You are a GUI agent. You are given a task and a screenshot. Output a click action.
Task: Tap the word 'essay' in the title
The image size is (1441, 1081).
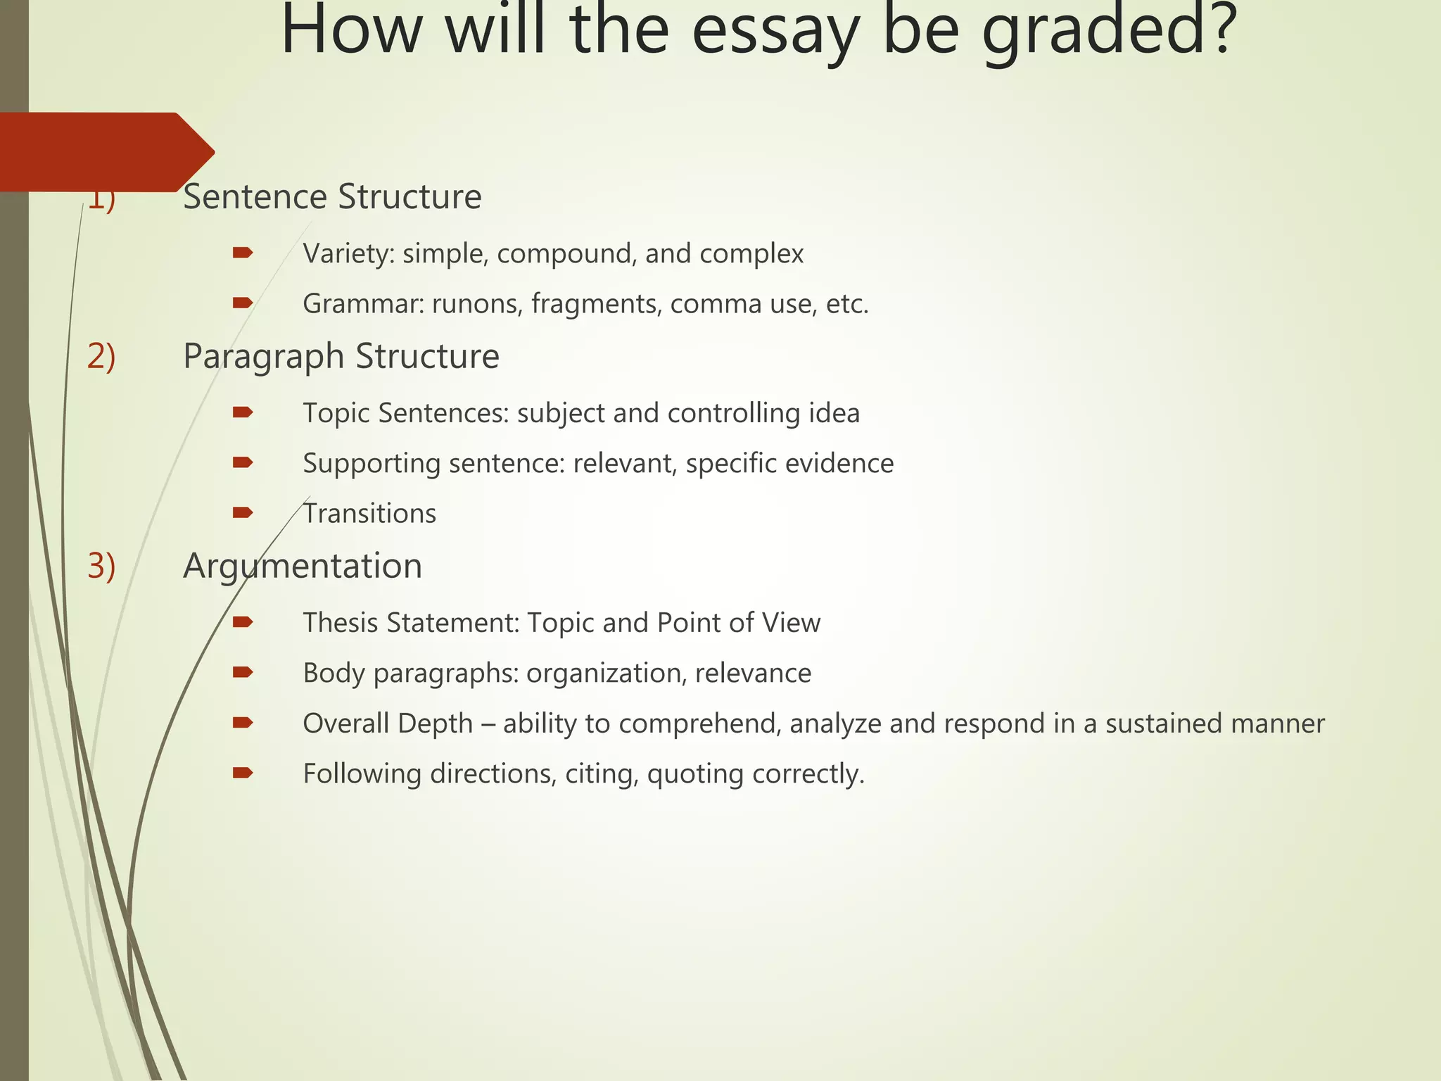click(775, 32)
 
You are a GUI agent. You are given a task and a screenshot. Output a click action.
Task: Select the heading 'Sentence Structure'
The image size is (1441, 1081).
click(332, 197)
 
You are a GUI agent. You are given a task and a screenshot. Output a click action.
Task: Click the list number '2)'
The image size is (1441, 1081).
click(101, 356)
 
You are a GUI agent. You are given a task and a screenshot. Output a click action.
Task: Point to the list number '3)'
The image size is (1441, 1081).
click(101, 566)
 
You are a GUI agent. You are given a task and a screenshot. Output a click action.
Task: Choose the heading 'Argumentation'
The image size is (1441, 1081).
click(303, 567)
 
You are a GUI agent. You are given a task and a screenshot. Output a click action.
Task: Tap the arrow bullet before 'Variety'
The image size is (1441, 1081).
click(243, 253)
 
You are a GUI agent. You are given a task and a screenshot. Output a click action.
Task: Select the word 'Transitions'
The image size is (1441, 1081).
click(369, 514)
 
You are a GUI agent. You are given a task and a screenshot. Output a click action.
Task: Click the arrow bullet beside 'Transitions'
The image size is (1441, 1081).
click(243, 513)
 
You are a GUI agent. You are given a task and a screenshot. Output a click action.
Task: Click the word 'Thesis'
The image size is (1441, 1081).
click(340, 623)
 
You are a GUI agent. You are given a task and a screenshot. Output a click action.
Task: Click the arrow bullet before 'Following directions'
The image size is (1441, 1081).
click(243, 773)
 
